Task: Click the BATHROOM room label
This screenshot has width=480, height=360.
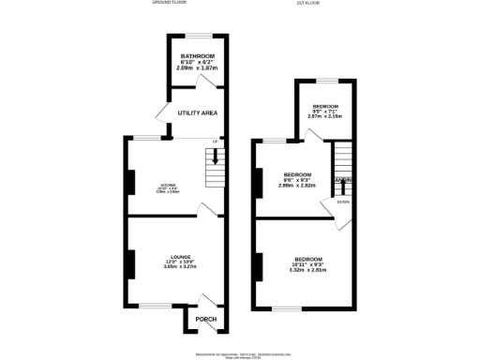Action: coord(198,56)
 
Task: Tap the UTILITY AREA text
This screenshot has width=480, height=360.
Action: coord(198,112)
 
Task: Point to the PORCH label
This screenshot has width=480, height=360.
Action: coord(205,319)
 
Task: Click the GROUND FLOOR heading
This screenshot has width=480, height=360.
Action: coord(170,3)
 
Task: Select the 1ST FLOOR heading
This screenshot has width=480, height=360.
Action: coord(308,3)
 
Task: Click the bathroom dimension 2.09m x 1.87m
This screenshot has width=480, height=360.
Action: coord(198,68)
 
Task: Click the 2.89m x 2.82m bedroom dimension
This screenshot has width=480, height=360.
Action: coord(296,186)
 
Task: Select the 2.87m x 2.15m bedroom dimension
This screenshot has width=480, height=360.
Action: coord(327,116)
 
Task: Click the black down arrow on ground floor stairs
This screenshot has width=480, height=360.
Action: coord(216,158)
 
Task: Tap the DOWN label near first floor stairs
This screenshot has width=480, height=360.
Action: coord(343,202)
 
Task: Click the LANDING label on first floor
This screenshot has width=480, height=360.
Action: coord(343,180)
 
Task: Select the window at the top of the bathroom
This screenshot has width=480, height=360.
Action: coord(198,36)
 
